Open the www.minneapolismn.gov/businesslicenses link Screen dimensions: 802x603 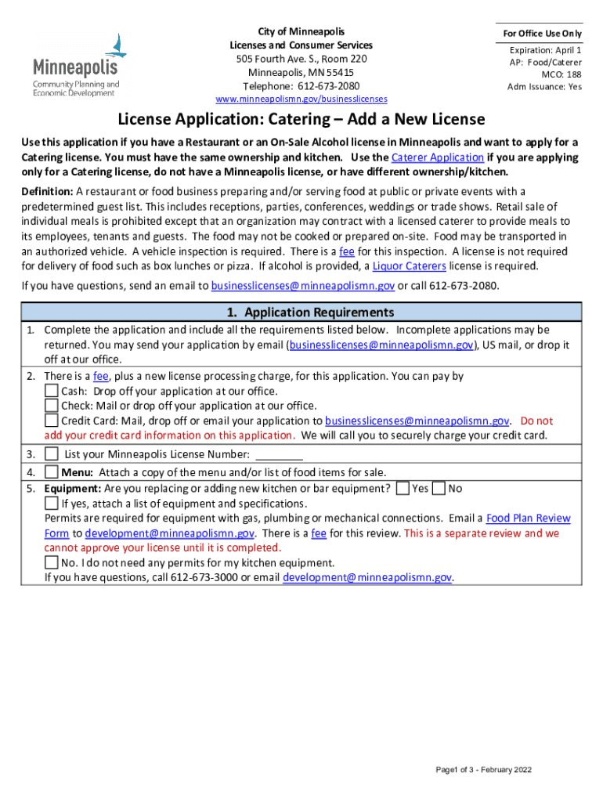(x=301, y=100)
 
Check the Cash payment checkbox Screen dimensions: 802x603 (x=51, y=391)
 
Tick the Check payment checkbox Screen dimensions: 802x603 (x=51, y=406)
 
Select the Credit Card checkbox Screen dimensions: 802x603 (x=51, y=421)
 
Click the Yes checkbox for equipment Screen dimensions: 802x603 (x=403, y=489)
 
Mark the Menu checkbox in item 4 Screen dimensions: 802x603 (x=51, y=472)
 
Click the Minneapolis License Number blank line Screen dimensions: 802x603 (x=280, y=456)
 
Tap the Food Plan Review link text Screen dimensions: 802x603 (x=528, y=518)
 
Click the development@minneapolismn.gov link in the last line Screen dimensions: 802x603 (x=366, y=578)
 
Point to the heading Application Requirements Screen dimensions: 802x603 (x=301, y=312)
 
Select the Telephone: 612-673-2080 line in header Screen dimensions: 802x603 (x=301, y=86)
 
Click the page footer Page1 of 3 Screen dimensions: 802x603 (x=483, y=770)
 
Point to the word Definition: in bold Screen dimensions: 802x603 (x=47, y=192)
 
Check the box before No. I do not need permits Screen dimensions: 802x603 (x=51, y=563)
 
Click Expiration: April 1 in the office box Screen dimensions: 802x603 (x=545, y=49)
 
